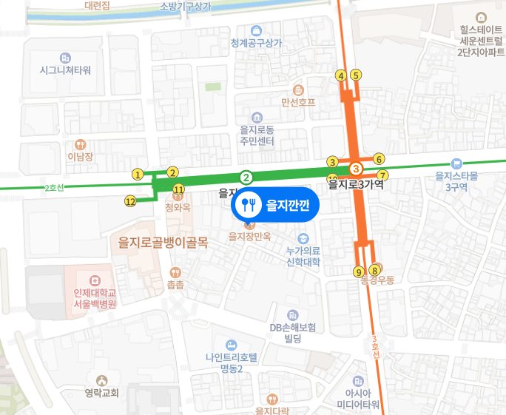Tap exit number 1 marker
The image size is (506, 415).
pos(138,175)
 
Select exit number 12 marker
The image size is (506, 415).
pos(130,200)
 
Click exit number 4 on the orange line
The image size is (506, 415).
pos(341,75)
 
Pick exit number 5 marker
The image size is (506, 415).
pos(356,75)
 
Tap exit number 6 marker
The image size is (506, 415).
pos(379,159)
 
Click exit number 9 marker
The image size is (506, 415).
pos(359,271)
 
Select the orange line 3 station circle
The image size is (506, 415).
pos(355,169)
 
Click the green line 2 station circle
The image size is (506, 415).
pos(246,177)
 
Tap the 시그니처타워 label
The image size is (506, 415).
pos(65,70)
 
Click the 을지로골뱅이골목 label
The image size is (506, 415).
pos(163,242)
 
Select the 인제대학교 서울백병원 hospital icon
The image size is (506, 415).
pos(94,280)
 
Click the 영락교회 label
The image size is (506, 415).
pos(101,393)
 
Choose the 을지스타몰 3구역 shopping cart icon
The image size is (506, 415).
pos(456,163)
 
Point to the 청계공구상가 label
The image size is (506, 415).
pos(257,43)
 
